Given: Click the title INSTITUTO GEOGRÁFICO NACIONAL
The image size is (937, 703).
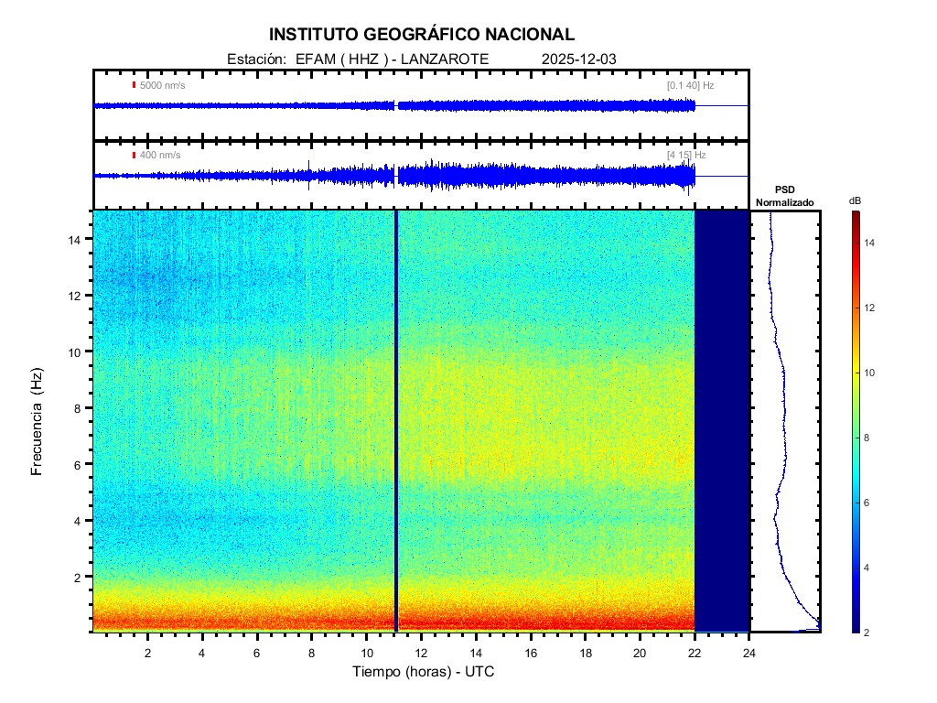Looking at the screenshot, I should point(422,35).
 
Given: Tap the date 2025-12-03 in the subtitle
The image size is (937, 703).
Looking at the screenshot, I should point(579,59).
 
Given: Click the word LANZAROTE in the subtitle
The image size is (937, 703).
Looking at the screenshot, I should point(446,59).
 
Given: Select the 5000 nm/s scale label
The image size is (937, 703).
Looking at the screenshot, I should point(162,85).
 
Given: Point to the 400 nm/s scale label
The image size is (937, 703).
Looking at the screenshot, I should point(160,155).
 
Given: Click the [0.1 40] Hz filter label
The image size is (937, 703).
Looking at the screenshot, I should point(690,85).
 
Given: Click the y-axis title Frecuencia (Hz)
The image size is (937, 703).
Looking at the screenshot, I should point(38,426).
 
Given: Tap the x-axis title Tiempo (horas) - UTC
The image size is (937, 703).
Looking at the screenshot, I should point(424,672).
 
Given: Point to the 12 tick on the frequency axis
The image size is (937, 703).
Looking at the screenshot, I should point(77,296).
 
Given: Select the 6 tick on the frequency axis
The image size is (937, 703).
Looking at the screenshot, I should point(80,464).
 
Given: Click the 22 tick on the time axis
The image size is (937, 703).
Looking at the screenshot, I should point(695,652).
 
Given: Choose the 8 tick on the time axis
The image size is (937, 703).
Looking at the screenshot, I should point(311,652).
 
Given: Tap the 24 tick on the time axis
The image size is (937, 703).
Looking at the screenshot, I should point(749,652).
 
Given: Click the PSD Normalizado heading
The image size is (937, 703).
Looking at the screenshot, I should point(784,196).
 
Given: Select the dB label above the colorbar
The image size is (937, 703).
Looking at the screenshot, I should point(855,200).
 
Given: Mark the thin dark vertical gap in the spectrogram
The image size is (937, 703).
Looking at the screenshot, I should point(395,421).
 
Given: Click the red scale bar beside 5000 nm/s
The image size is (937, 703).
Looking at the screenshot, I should point(134,85).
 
